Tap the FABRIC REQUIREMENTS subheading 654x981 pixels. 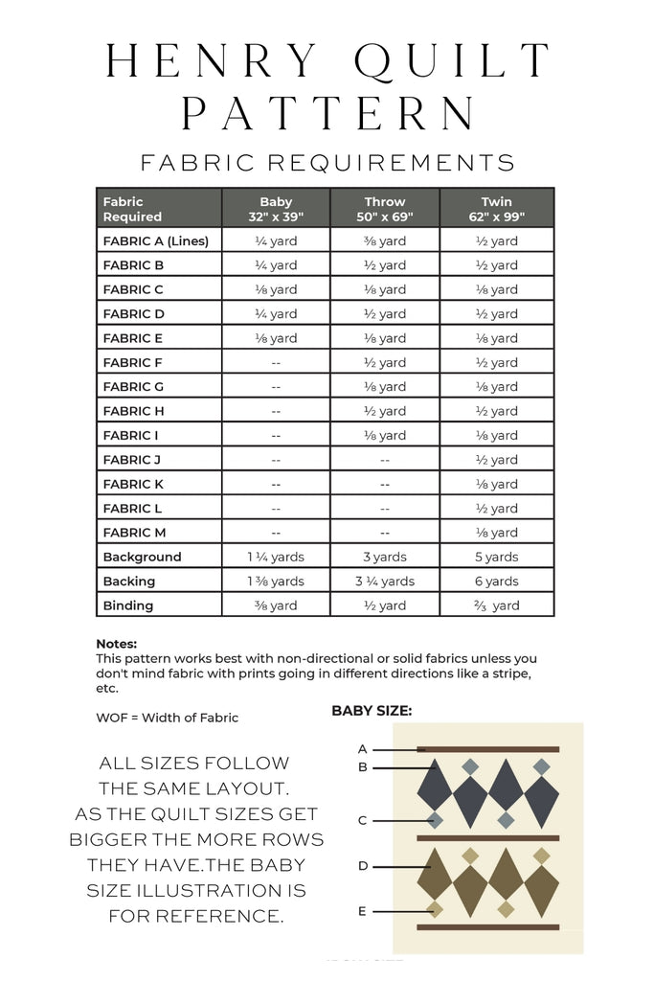(327, 162)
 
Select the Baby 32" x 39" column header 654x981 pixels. (276, 209)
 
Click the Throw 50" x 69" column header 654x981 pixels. (385, 209)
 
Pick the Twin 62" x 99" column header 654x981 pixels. (497, 209)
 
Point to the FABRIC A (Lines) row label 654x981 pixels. (155, 240)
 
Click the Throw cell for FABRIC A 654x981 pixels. (385, 240)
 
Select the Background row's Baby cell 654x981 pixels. (276, 557)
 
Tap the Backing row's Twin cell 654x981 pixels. (497, 581)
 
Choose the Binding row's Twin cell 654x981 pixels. (497, 605)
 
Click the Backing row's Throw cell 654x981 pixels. (385, 581)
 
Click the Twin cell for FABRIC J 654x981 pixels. (497, 460)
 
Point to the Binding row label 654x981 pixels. (128, 605)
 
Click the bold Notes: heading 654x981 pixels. (117, 645)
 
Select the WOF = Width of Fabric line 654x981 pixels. (168, 718)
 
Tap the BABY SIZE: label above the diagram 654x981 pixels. (372, 711)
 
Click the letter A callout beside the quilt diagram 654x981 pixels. (363, 748)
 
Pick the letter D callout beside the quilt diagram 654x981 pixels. (363, 865)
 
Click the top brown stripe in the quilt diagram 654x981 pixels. (488, 749)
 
